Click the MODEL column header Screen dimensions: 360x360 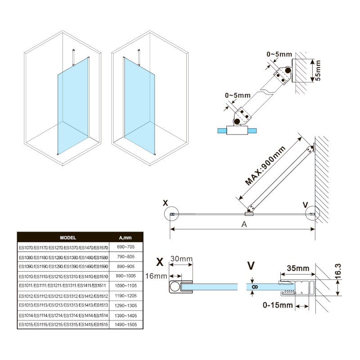pyautogui.click(x=68, y=237)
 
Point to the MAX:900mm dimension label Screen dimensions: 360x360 pyautogui.click(x=266, y=166)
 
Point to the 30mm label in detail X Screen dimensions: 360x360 pyautogui.click(x=181, y=259)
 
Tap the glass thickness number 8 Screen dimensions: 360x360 pyautogui.click(x=254, y=286)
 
